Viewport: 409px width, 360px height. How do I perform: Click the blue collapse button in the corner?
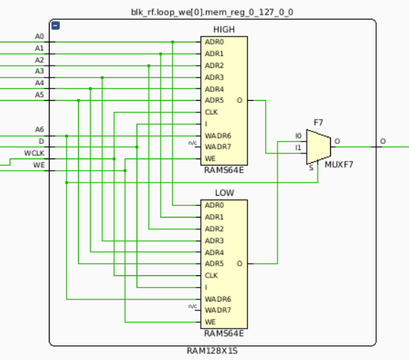(56, 26)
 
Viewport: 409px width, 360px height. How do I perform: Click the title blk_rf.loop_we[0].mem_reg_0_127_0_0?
(212, 12)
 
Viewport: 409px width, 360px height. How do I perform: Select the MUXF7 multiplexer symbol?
(318, 147)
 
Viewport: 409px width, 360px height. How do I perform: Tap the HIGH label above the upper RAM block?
(224, 29)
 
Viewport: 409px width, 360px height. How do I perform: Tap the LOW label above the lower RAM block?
(224, 193)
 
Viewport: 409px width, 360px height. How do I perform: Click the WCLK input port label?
(34, 153)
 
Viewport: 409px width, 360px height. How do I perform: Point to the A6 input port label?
(39, 129)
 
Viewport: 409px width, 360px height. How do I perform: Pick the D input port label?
(41, 142)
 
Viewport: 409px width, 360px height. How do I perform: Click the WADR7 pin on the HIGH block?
(218, 147)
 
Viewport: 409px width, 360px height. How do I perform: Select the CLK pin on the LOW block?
(211, 275)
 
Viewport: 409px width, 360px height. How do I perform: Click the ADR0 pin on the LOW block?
(214, 205)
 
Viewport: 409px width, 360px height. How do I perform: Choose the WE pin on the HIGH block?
(210, 158)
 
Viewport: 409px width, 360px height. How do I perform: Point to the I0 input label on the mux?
(298, 136)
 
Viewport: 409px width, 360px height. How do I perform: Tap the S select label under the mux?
(311, 168)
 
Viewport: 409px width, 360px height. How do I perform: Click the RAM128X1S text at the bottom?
(212, 351)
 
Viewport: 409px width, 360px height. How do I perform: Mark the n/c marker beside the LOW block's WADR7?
(193, 306)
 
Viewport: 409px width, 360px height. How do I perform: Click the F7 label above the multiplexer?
(318, 123)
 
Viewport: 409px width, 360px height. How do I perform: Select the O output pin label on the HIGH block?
(240, 101)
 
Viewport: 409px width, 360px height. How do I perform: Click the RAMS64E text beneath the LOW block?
(223, 334)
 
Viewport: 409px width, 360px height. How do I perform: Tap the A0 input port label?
(39, 37)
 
